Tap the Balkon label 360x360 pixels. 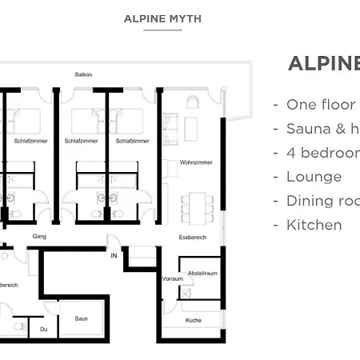click(83, 75)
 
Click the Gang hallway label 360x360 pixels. click(38, 237)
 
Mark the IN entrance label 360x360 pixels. click(114, 255)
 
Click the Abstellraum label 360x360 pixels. click(203, 273)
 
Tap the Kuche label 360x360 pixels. click(193, 320)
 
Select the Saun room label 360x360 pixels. click(81, 318)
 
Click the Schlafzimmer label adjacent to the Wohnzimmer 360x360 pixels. click(131, 141)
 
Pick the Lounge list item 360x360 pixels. click(314, 177)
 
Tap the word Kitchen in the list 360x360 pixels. click(314, 225)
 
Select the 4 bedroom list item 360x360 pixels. click(320, 153)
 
